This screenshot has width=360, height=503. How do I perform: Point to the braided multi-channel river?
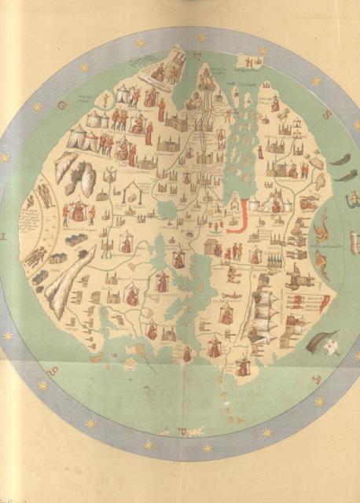point(204,134)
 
